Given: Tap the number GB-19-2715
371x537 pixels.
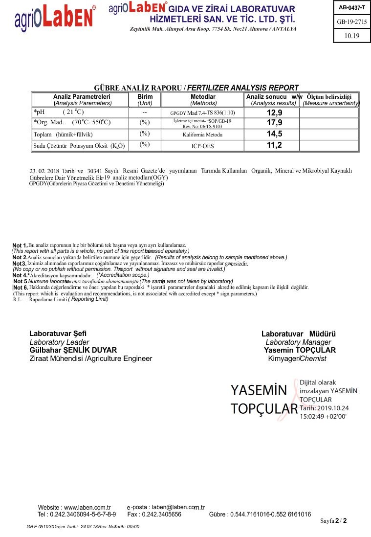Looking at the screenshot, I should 351,22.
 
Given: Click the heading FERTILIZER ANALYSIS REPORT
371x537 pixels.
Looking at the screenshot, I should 243,88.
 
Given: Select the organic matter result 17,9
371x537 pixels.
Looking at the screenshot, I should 274,123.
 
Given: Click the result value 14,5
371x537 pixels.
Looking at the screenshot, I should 274,134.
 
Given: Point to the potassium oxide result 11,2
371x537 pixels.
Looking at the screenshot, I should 274,145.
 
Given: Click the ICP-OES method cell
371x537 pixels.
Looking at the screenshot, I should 202,146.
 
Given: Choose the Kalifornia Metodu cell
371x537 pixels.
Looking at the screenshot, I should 202,134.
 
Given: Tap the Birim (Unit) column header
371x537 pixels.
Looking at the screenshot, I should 145,100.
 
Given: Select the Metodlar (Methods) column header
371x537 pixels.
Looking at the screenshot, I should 203,100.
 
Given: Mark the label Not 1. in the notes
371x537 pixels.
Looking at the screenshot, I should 20,245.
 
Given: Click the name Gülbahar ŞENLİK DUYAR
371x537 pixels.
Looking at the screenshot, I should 73,350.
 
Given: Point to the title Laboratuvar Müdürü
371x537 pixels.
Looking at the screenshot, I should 298,334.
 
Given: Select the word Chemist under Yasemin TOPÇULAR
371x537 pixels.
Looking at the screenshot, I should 313,359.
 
